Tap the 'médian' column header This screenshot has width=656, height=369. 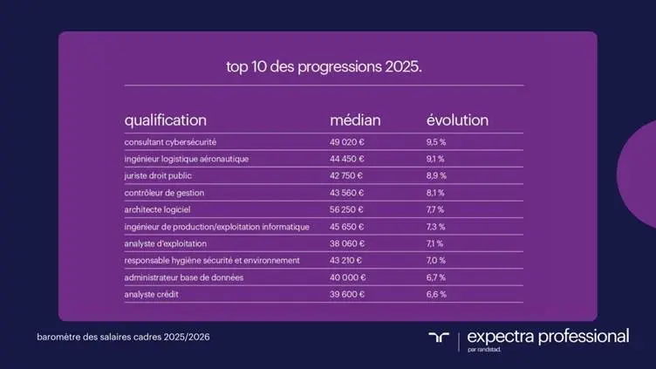click(355, 120)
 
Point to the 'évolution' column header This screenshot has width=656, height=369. click(457, 120)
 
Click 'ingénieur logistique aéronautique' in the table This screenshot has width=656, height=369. click(187, 159)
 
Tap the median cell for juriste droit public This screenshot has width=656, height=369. click(347, 175)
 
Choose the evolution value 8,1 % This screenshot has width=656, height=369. click(435, 193)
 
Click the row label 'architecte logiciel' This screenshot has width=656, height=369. click(158, 209)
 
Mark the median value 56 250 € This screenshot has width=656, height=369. click(347, 209)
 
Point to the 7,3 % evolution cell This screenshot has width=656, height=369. click(435, 227)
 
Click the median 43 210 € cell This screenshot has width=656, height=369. click(347, 260)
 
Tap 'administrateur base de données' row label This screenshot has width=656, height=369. click(183, 277)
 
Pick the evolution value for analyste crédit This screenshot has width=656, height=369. click(435, 294)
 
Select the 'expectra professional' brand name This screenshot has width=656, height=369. click(548, 336)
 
